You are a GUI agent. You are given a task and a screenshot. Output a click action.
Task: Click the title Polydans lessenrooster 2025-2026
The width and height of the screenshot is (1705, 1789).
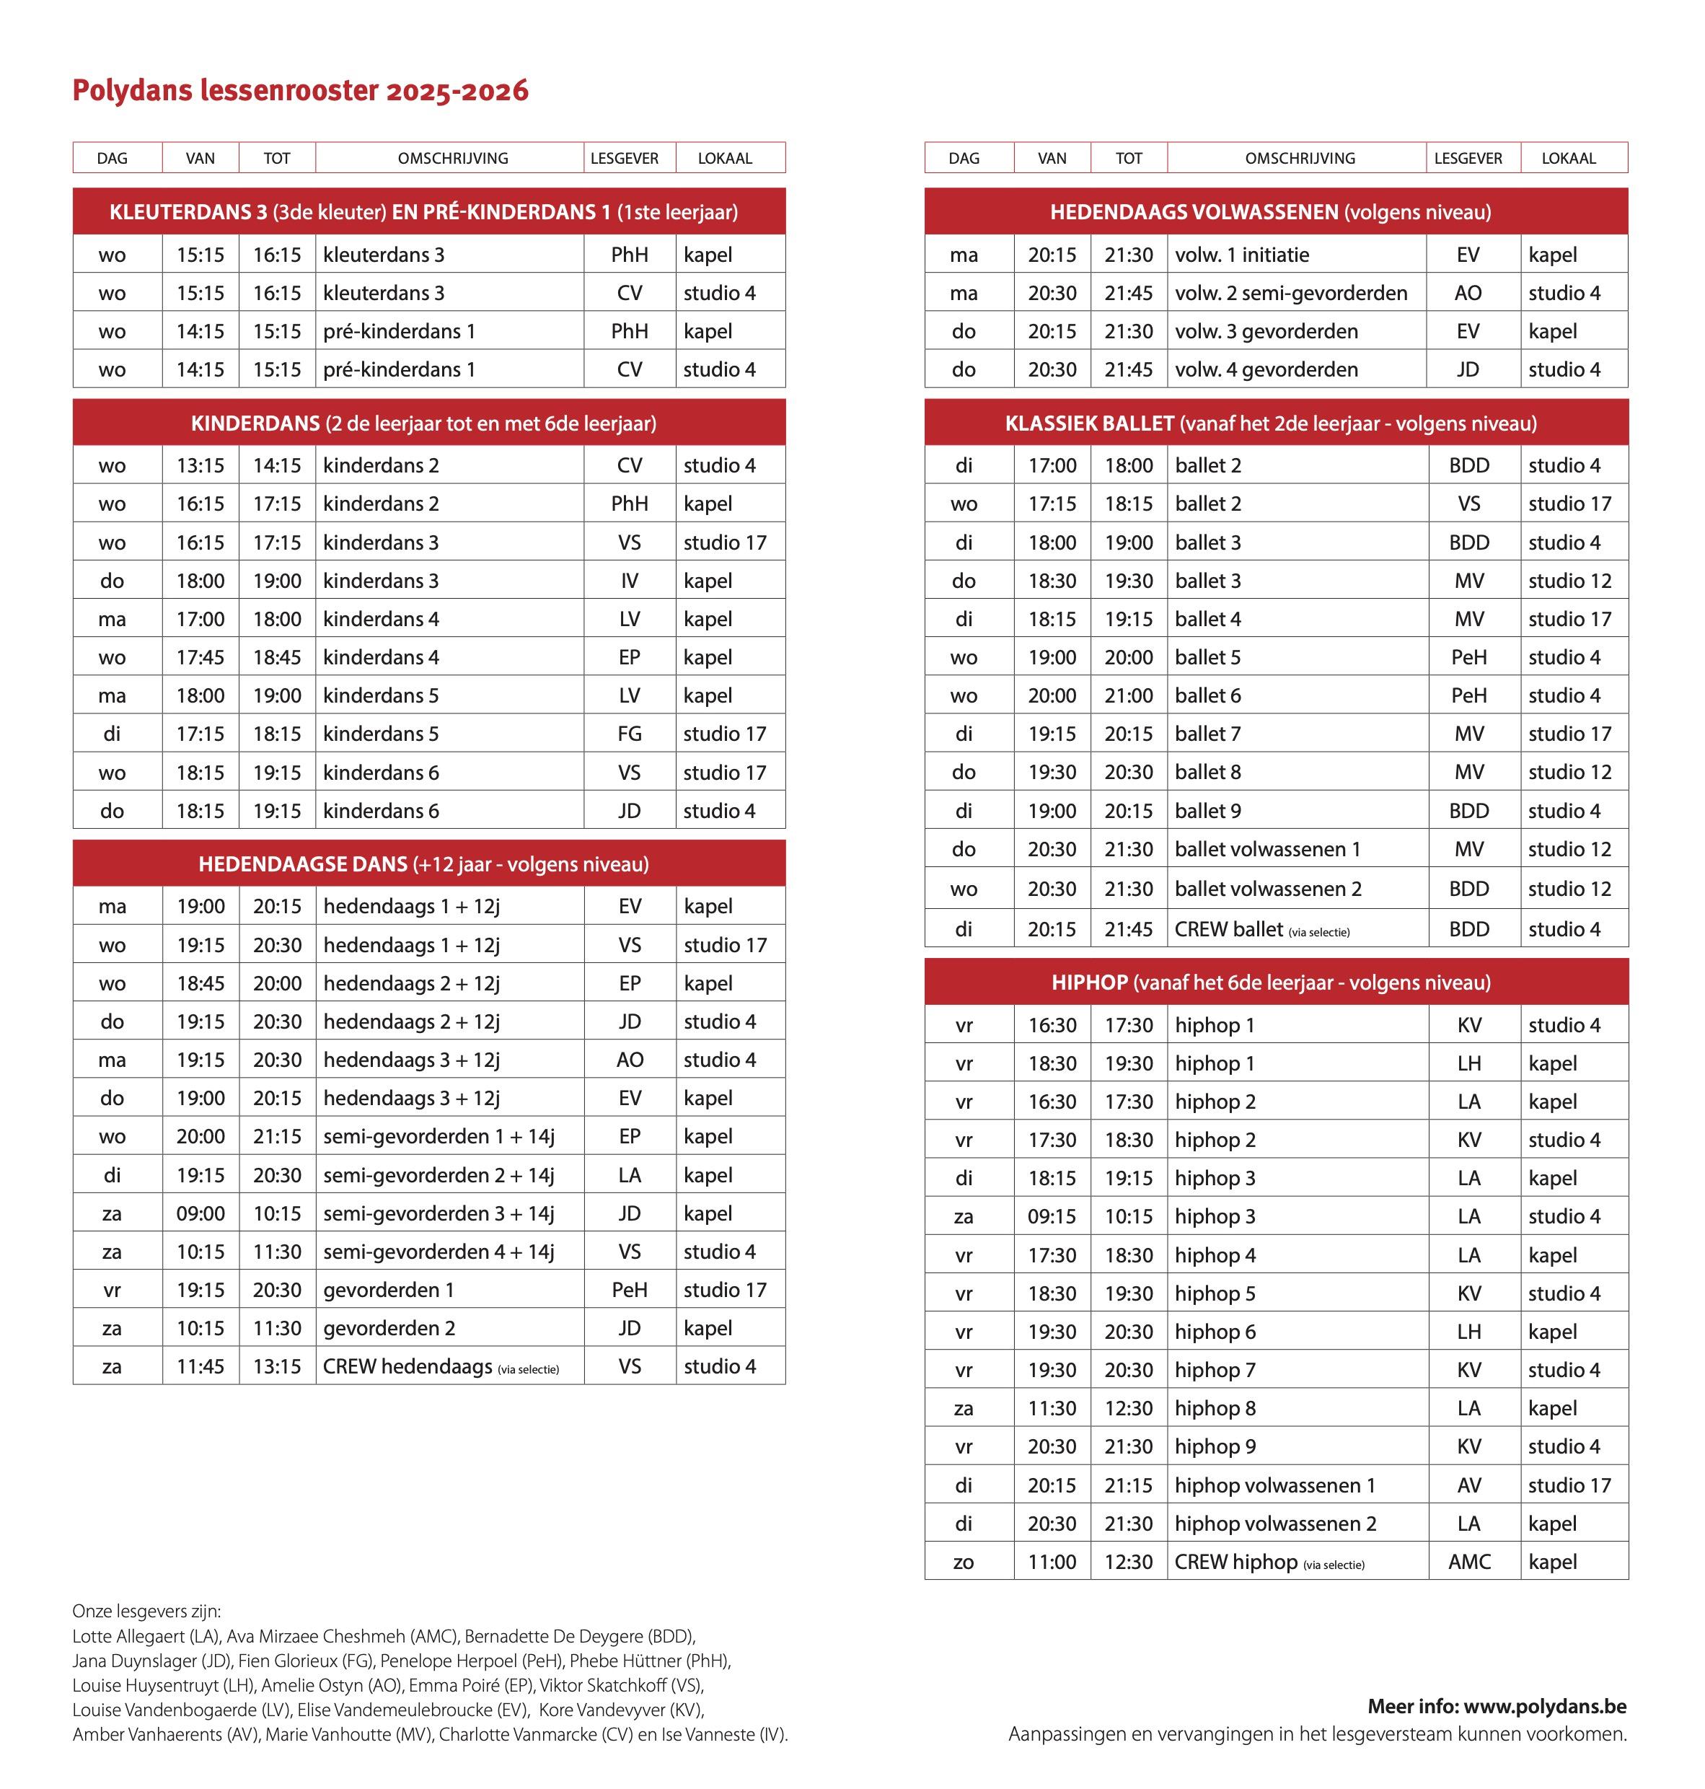tap(300, 91)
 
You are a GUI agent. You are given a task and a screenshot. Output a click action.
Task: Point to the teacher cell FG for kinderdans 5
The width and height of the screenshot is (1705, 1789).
tap(629, 734)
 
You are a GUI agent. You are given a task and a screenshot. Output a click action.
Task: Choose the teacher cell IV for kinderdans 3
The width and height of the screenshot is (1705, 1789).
tap(629, 581)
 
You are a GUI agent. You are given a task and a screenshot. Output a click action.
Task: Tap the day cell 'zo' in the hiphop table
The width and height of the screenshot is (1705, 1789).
tap(964, 1562)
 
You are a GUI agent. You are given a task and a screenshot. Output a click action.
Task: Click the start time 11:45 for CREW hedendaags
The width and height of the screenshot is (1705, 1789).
tap(200, 1366)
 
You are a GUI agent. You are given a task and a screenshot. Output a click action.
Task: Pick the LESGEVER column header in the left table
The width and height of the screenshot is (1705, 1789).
tap(625, 158)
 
